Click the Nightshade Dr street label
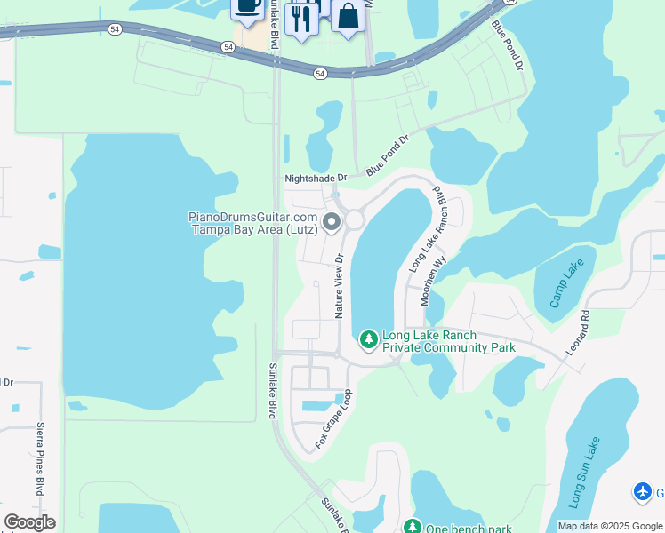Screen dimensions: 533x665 coord(314,178)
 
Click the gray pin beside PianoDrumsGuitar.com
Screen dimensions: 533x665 coord(332,221)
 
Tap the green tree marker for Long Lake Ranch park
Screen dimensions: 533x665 coord(369,339)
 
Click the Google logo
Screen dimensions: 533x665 coord(29,522)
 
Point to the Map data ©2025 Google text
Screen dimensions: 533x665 coord(610,526)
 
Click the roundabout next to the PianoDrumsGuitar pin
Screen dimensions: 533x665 coord(356,219)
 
